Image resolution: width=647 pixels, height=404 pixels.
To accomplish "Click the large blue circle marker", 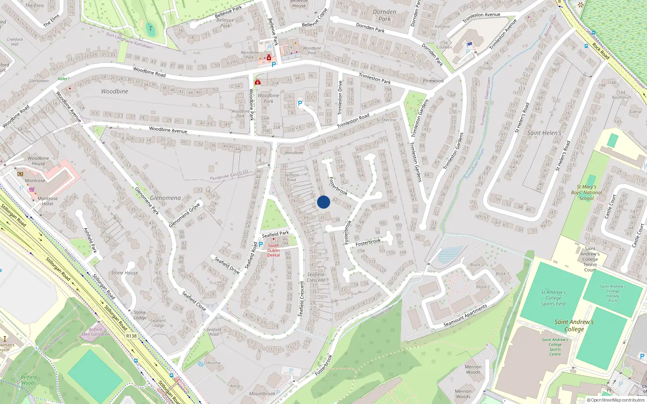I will point(323,202).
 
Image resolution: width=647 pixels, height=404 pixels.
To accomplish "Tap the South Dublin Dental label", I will point(273,250).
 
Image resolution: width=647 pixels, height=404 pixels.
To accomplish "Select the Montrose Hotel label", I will point(48,201).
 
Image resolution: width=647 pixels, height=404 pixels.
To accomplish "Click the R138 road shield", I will point(131,336).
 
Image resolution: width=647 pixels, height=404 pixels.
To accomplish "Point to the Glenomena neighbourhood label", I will point(165,198).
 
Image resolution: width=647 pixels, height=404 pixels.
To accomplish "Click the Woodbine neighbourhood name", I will point(114,91).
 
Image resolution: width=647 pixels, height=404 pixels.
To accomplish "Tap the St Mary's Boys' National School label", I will point(587,192).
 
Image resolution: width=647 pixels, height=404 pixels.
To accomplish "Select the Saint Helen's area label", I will point(544,133).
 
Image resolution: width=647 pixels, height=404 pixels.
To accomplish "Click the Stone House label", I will point(125,273).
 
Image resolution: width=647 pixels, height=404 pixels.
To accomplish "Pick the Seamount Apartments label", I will point(465,316).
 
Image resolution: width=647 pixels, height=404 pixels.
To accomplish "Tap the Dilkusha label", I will point(212,362).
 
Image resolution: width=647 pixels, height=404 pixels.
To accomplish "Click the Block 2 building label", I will point(477,265).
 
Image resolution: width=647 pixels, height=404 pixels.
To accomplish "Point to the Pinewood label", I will point(433,81).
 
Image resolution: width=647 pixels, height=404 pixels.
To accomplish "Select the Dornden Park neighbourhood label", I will point(385,15).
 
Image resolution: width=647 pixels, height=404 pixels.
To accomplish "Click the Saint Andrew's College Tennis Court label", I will point(590,259).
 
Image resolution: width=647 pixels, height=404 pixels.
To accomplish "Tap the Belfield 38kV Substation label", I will point(95,332).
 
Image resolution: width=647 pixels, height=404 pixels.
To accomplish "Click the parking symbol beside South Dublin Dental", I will point(260,244).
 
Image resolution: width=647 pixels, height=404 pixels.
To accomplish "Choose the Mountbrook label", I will point(262,393).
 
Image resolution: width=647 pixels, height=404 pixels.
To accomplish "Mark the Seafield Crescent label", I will point(316,277).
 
